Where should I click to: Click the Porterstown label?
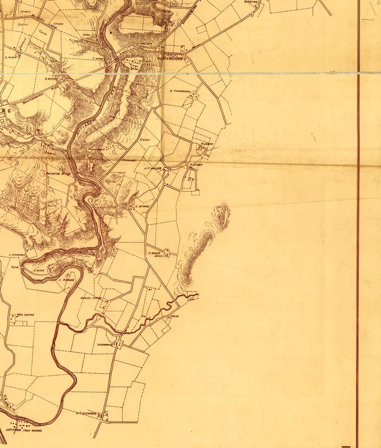tap(171, 59)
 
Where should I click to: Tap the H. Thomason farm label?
tap(180, 91)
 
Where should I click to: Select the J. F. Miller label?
tap(153, 168)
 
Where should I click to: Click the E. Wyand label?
tap(142, 206)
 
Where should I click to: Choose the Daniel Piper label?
tap(91, 298)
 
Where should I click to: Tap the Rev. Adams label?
tap(25, 315)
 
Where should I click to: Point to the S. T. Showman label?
tap(86, 413)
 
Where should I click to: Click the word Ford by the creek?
tap(15, 267)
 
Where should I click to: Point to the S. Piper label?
tap(11, 57)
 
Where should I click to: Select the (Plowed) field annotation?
tap(129, 160)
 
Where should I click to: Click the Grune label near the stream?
tap(175, 316)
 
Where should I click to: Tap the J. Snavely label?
tap(16, 255)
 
